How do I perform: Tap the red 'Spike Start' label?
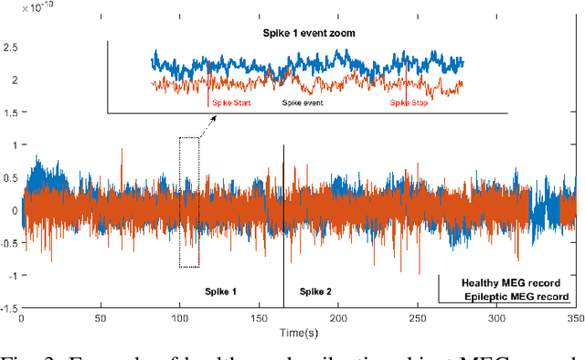pos(231,103)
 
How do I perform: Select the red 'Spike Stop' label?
pos(409,103)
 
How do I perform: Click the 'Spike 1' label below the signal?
pos(220,291)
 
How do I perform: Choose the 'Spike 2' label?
pos(315,291)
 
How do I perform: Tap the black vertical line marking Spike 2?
pos(283,228)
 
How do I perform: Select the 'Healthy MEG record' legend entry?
pos(511,283)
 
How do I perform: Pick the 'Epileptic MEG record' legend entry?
pos(516,297)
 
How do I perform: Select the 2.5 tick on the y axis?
pos(10,47)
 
